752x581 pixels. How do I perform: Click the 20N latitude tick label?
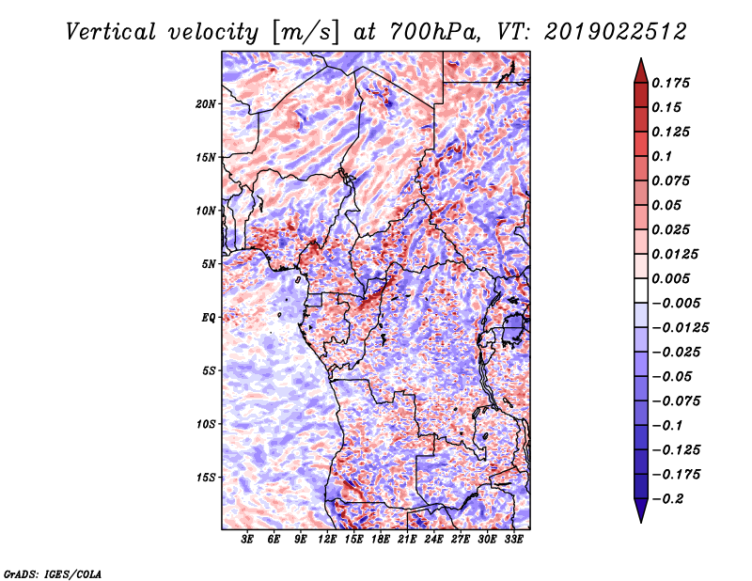click(206, 104)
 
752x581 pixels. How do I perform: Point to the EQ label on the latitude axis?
click(208, 318)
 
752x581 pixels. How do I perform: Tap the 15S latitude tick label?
click(206, 478)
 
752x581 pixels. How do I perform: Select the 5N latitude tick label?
click(209, 264)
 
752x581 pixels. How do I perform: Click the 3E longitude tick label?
click(247, 540)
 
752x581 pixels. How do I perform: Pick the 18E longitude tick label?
click(381, 540)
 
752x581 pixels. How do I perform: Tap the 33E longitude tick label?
click(513, 540)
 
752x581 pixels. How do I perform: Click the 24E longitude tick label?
click(433, 540)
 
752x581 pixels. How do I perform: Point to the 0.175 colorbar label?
click(671, 83)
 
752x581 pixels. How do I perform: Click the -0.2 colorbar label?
click(667, 499)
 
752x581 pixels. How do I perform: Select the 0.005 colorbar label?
click(671, 278)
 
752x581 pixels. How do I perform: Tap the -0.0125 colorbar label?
click(680, 328)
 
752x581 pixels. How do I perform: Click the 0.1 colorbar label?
click(663, 156)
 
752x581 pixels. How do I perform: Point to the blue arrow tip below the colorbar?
click(641, 522)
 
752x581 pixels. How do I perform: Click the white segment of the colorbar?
click(641, 290)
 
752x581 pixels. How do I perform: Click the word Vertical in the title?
click(111, 32)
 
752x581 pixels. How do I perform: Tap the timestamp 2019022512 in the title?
click(616, 32)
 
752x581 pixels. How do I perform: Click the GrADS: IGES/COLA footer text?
click(53, 574)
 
